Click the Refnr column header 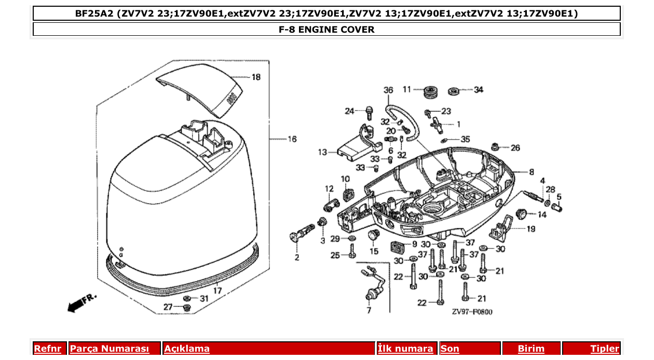[x=48, y=349]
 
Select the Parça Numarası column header [x=109, y=349]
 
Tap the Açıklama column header [x=187, y=349]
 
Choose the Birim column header [x=531, y=349]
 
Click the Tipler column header [x=605, y=349]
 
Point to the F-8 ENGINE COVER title [x=326, y=30]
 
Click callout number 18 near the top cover [x=256, y=77]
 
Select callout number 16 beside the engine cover [x=292, y=139]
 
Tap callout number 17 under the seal [x=217, y=290]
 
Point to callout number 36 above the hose [x=388, y=90]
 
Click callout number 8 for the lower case [x=532, y=172]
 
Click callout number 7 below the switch [x=369, y=311]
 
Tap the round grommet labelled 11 [x=429, y=92]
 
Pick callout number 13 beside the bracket [x=323, y=153]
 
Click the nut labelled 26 [x=495, y=147]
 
